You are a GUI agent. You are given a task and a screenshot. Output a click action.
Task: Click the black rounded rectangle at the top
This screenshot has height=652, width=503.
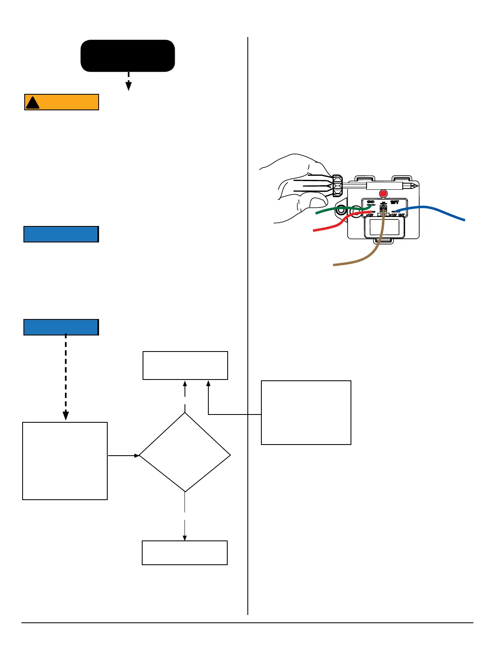(128, 56)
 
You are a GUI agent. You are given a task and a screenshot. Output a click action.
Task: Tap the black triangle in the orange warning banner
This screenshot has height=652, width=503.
(32, 103)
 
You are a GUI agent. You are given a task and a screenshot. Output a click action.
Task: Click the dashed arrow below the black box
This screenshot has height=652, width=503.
(129, 81)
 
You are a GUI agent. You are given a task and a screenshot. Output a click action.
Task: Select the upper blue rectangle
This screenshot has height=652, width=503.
(61, 234)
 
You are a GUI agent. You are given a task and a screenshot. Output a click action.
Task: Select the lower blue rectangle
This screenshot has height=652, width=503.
(61, 327)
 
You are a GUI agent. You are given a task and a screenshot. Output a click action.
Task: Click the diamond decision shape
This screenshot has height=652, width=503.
(185, 452)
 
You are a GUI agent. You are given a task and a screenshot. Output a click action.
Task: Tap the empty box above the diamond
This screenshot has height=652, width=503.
(185, 366)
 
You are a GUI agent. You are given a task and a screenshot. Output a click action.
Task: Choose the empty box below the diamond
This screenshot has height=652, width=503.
(185, 553)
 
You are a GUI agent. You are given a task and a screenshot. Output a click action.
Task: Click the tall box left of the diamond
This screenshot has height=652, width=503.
(65, 461)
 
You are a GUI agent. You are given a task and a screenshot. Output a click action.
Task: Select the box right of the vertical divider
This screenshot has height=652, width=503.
(306, 412)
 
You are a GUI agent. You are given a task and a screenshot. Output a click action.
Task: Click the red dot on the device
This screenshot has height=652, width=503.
(383, 193)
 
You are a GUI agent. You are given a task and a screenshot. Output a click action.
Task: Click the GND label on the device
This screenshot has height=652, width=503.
(370, 202)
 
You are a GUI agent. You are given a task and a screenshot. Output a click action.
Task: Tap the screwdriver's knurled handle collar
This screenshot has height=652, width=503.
(337, 185)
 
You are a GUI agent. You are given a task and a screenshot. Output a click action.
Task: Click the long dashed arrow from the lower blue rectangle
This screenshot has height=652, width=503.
(66, 375)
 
